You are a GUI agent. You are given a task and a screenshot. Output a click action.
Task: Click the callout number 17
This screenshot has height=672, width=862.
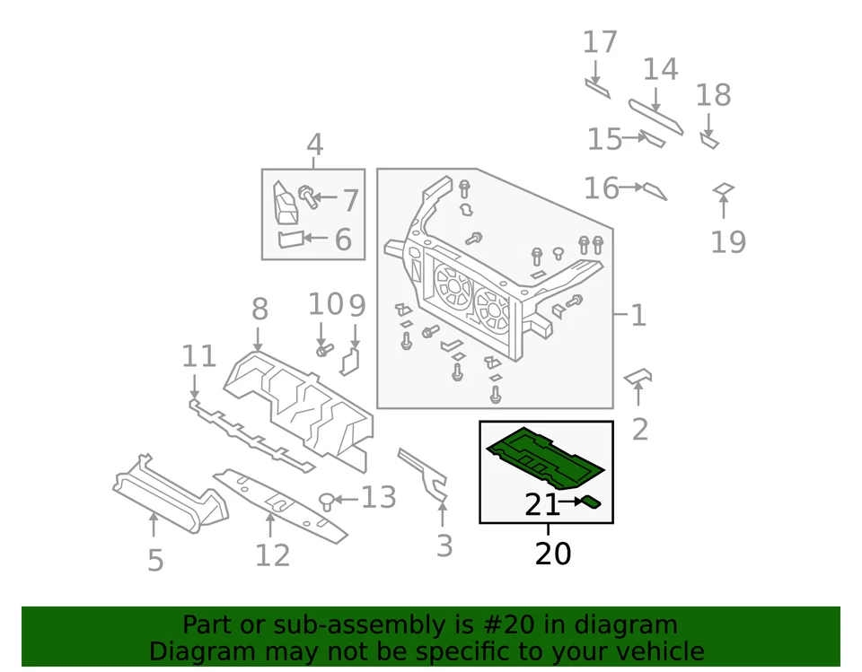[x=600, y=42]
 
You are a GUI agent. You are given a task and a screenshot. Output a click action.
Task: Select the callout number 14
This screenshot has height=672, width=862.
[x=659, y=69]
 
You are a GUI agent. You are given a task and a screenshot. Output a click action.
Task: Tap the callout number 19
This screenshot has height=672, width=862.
[x=728, y=241]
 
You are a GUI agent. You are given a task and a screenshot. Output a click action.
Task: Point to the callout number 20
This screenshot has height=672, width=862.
[x=552, y=554]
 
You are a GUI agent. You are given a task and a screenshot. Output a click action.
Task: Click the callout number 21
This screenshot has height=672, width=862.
[x=541, y=506]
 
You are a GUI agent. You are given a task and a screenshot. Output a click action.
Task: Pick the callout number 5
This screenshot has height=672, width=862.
[x=155, y=560]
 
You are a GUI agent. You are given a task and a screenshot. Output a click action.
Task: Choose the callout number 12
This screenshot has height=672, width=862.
[x=272, y=555]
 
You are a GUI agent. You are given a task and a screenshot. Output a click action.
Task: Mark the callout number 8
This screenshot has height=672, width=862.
[x=259, y=310]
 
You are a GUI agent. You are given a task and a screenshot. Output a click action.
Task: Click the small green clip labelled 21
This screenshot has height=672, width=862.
[x=591, y=502]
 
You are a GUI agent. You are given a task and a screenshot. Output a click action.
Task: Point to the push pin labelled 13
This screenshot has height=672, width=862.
[x=329, y=499]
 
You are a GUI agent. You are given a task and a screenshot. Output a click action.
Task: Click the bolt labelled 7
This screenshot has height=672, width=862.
[x=308, y=195]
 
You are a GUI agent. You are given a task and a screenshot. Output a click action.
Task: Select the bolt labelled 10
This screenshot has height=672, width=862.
[x=323, y=349]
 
